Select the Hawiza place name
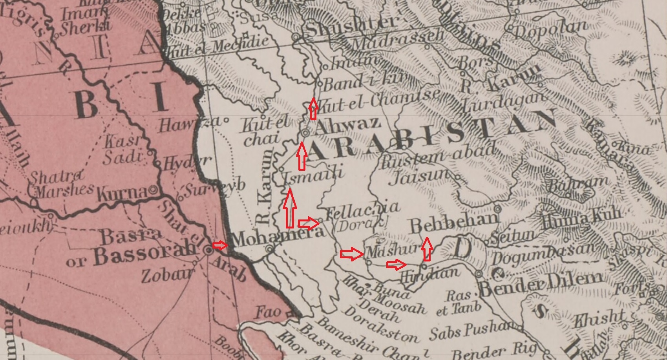pos(190,124)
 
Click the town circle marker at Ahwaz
pos(305,133)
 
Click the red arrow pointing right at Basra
pos(219,245)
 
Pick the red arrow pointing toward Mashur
pos(352,254)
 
